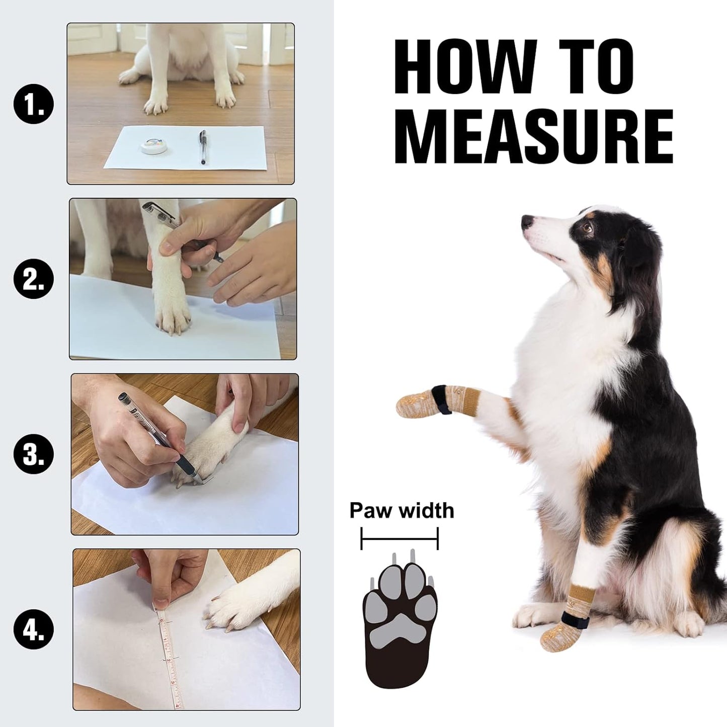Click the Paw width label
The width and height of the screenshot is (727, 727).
point(401,510)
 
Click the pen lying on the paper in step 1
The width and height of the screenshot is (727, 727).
point(202,146)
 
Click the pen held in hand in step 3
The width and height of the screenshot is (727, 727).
point(146,423)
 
